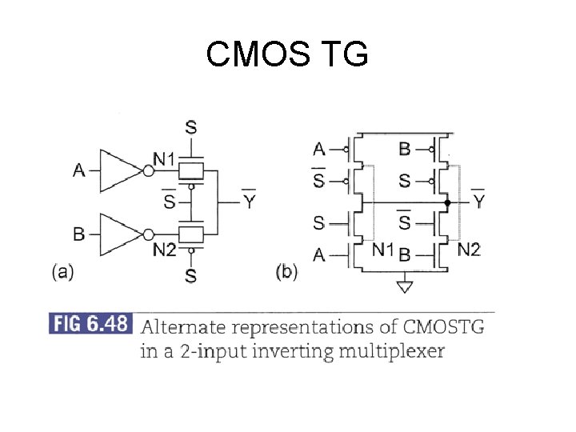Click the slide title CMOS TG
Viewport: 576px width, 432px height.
coord(287,54)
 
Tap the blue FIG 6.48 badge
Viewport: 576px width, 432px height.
coord(90,325)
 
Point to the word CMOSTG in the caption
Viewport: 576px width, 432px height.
coord(444,326)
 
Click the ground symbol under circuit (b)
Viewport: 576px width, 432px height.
coord(406,286)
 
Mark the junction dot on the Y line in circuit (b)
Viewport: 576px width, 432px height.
coord(447,203)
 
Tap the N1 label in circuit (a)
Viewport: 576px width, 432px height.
coord(164,160)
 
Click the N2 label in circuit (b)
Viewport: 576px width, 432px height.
coord(469,250)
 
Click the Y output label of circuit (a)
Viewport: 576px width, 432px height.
coord(250,202)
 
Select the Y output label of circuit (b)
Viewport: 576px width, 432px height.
coord(478,202)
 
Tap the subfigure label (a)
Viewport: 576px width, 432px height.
coord(62,272)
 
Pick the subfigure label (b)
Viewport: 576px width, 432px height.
coord(286,272)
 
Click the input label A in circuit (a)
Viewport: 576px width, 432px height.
coord(78,170)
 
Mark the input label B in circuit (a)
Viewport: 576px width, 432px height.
coord(78,234)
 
